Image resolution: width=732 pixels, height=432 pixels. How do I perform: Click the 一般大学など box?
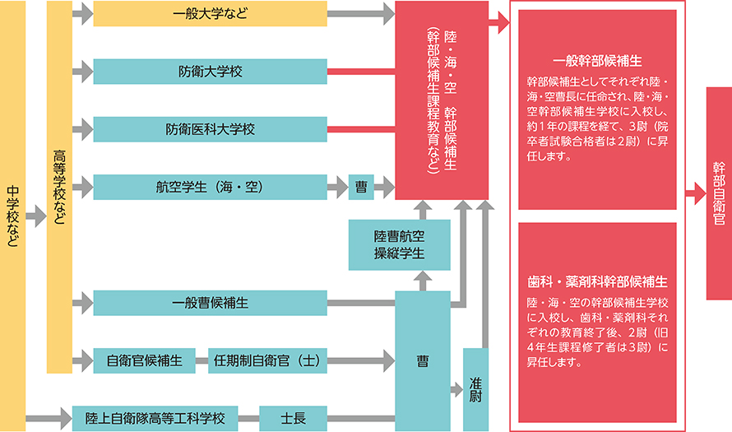point(210,13)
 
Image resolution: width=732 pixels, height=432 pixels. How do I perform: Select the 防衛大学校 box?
point(210,72)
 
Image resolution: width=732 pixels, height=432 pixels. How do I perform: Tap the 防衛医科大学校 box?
point(210,129)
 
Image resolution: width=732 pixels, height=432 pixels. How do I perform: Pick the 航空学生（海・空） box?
point(210,188)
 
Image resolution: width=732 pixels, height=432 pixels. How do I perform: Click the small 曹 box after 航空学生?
point(361,188)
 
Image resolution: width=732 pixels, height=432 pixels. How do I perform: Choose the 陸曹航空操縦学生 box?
point(399,244)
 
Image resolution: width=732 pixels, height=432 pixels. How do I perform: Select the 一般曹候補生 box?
point(210,303)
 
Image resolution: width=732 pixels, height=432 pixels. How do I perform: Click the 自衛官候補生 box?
point(144,360)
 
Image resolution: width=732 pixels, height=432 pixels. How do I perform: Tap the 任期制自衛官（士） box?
point(266,360)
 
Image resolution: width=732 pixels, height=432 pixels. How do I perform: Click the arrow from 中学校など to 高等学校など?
point(35,216)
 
